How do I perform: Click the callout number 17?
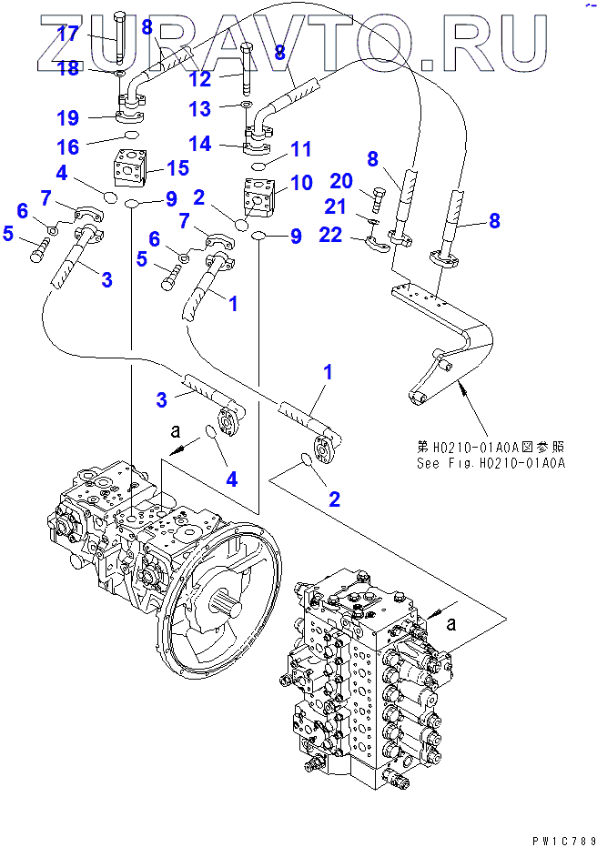[69, 35]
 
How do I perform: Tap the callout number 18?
[69, 70]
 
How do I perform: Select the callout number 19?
[69, 117]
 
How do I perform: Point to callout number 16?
[69, 146]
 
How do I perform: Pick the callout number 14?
[200, 143]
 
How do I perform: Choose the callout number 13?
[199, 110]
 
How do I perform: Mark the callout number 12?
[200, 80]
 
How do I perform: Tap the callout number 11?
[300, 148]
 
